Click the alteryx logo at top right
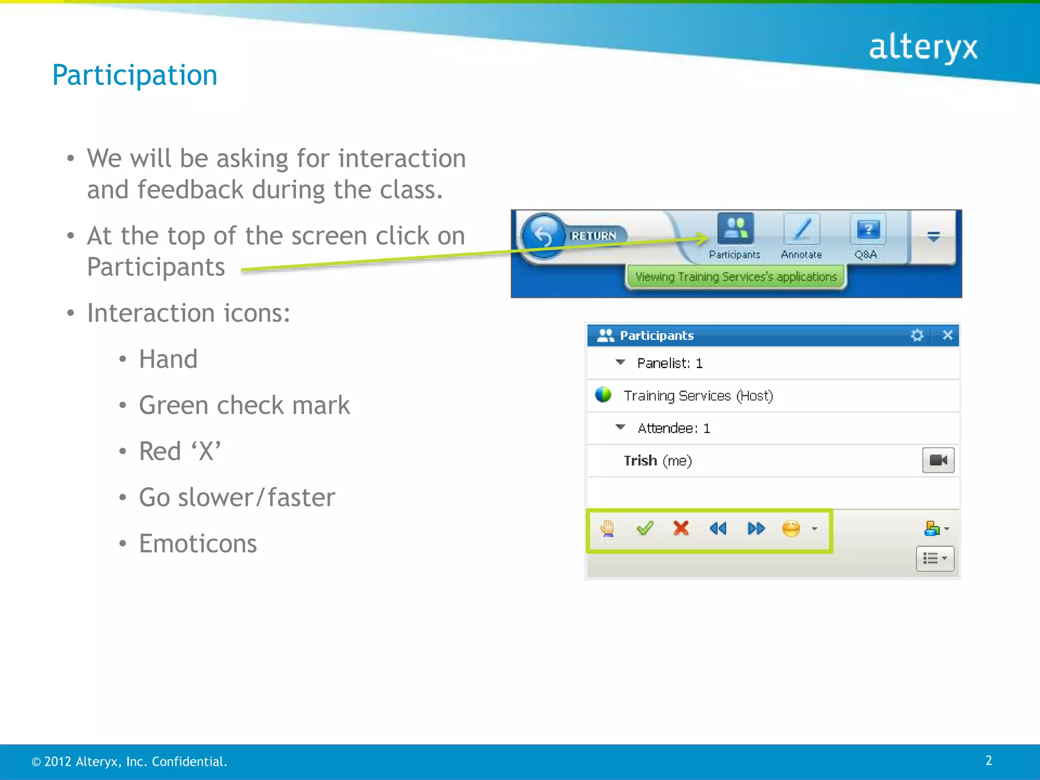tap(923, 48)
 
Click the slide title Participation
tap(135, 75)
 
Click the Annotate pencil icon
tap(801, 230)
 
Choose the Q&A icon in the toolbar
tap(867, 230)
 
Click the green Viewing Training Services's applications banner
tap(735, 277)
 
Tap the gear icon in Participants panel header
tap(917, 335)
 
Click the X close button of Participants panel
tap(947, 335)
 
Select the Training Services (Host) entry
tap(698, 396)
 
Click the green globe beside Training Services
tap(603, 395)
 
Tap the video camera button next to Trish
tap(937, 460)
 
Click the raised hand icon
tap(607, 529)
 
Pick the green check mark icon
tap(644, 529)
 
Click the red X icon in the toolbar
tap(681, 528)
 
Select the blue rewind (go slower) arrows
tap(718, 529)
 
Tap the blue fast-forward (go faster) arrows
tap(756, 529)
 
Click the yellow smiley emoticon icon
tap(791, 529)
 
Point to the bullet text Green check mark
tap(244, 405)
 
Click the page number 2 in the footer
tap(988, 760)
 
